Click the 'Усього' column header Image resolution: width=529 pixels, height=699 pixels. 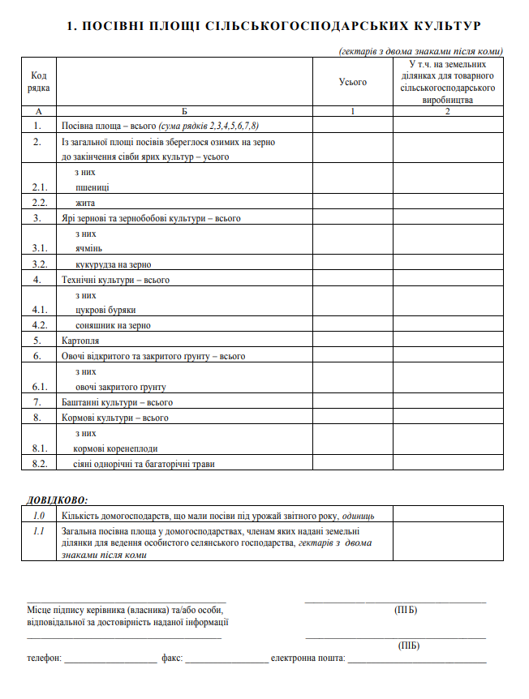pos(353,82)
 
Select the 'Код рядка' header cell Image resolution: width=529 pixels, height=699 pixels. pos(38,81)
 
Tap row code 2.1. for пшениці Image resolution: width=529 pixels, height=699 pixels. pos(38,187)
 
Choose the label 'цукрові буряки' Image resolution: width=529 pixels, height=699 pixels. pos(105,310)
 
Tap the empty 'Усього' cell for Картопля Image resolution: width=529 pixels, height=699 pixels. pos(353,341)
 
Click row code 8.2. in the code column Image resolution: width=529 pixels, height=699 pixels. pos(38,464)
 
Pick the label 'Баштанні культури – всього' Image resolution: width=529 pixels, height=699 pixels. pos(117,402)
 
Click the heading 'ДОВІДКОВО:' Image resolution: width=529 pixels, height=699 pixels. pos(57,500)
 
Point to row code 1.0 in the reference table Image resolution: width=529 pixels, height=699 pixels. pos(38,515)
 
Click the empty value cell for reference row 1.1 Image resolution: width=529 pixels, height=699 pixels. pos(448,542)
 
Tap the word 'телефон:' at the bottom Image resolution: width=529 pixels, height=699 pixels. pos(44,658)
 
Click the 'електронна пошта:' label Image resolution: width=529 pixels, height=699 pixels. pos(308,658)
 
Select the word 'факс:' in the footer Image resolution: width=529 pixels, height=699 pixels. pos(172,658)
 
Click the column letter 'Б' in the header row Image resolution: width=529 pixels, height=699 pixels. pos(184,111)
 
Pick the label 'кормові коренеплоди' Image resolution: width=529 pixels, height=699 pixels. pos(116,448)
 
